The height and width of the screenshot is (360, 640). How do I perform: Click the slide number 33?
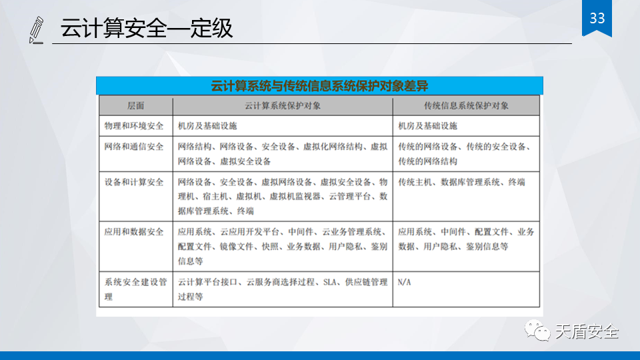click(597, 19)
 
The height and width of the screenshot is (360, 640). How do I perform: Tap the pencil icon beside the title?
click(36, 30)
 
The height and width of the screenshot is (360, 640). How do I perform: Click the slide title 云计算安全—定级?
click(147, 28)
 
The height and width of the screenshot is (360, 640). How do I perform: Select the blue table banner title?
click(319, 86)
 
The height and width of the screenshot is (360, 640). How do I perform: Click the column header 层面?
click(135, 106)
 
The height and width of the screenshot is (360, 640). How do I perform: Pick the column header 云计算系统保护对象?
click(283, 106)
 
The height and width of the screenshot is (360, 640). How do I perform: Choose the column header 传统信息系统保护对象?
click(466, 106)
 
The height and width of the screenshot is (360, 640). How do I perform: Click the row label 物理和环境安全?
click(134, 126)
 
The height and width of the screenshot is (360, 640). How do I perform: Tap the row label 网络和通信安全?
click(134, 147)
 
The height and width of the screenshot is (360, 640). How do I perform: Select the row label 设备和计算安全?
click(134, 183)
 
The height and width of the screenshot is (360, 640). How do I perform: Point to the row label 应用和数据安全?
click(134, 232)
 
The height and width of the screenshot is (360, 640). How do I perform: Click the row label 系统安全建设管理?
click(135, 289)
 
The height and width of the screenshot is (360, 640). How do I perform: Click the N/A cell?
click(405, 283)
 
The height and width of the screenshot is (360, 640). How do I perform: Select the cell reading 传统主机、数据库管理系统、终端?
click(461, 183)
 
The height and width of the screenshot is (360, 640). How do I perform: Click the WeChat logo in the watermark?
click(537, 330)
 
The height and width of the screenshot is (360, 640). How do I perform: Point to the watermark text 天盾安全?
click(587, 331)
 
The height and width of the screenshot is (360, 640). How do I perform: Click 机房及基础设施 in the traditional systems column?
click(427, 126)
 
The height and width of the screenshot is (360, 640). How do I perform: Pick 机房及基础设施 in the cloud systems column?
click(207, 126)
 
